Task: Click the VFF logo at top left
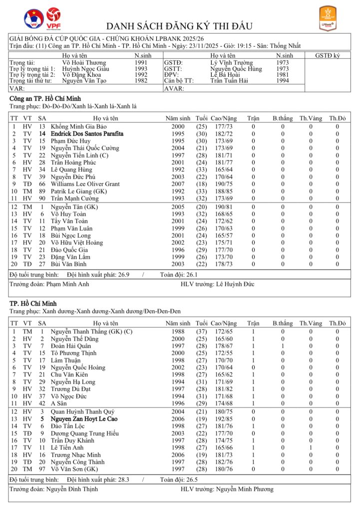[33, 18]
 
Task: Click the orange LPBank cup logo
[327, 18]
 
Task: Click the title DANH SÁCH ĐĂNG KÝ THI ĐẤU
[180, 26]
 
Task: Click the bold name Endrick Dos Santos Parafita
[87, 134]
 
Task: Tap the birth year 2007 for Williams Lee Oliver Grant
[178, 184]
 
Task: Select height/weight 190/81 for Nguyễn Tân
[222, 207]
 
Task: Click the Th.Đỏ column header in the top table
[337, 118]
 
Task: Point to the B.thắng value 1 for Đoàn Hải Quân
[283, 346]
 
